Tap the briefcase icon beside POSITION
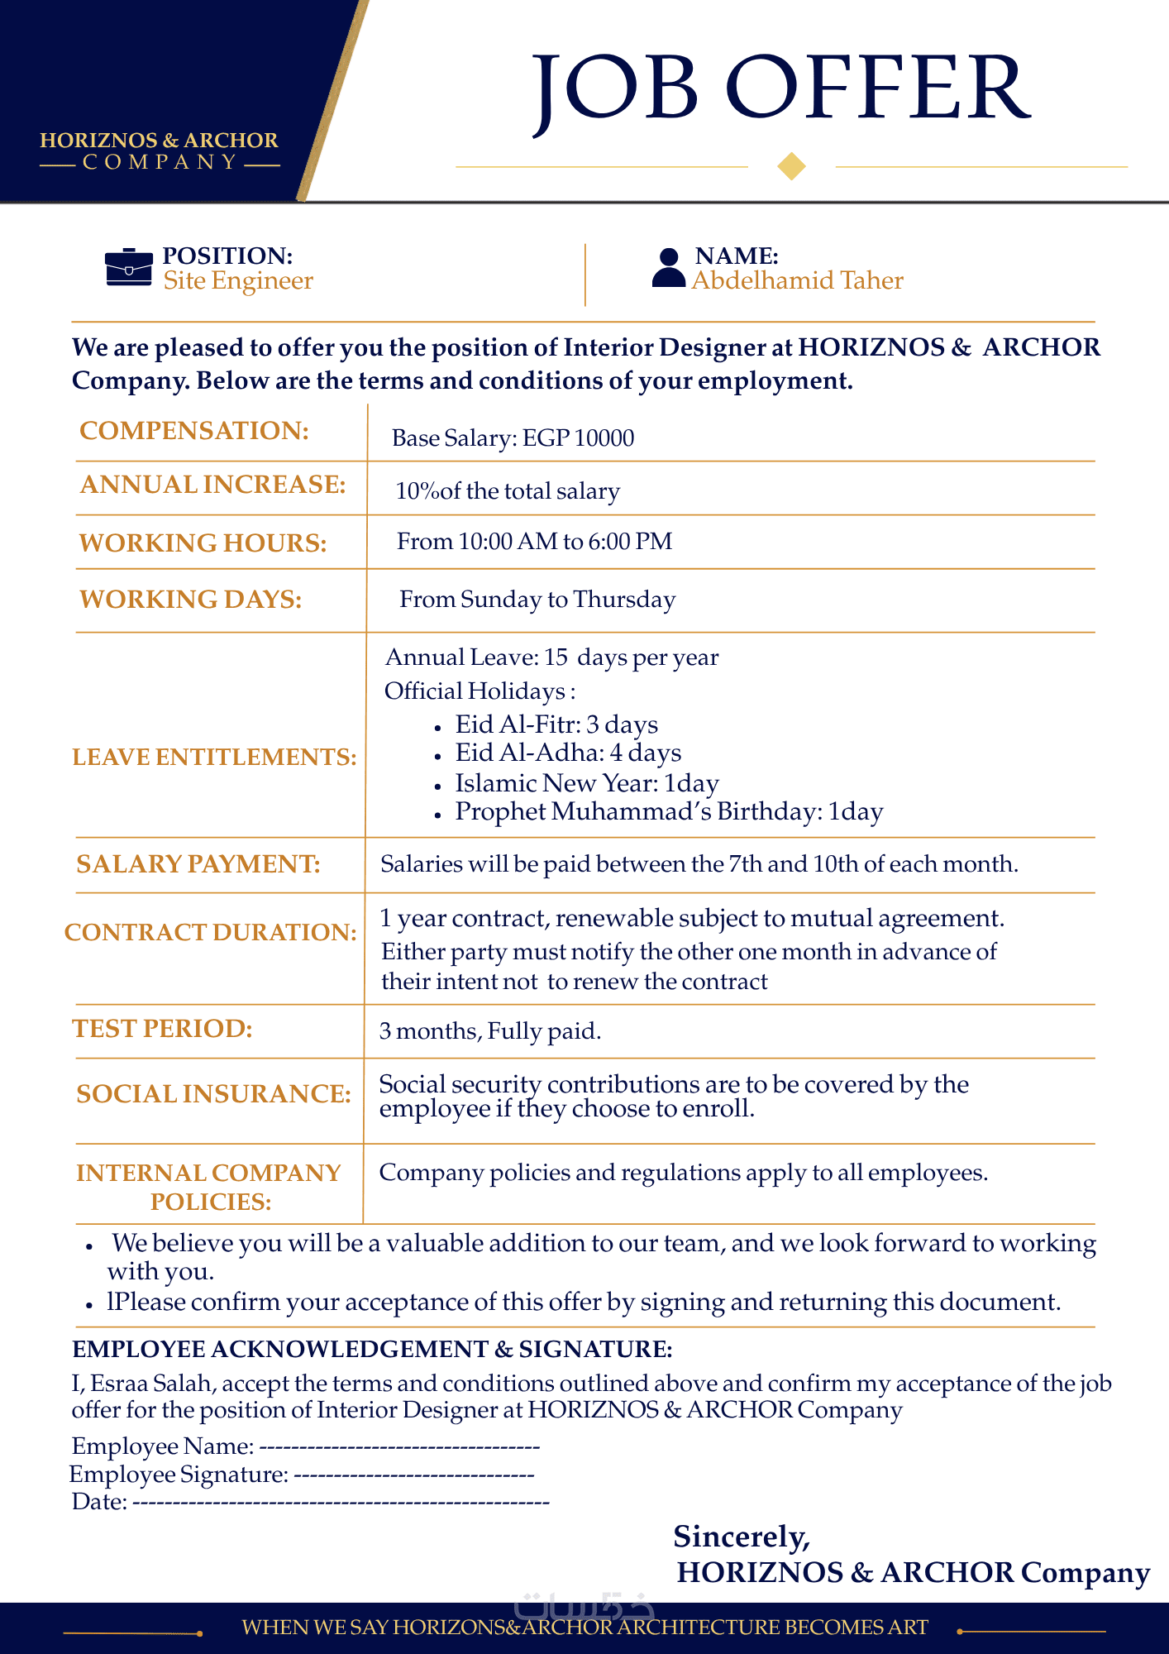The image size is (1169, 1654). pyautogui.click(x=129, y=267)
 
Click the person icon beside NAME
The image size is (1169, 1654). pyautogui.click(x=668, y=268)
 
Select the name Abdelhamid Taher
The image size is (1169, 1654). pyautogui.click(x=797, y=281)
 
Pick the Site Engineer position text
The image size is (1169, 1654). pyautogui.click(x=238, y=281)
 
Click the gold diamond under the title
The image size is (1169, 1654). pyautogui.click(x=791, y=166)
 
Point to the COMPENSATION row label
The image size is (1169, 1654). pyautogui.click(x=194, y=431)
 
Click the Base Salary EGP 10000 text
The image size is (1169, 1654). pyautogui.click(x=513, y=437)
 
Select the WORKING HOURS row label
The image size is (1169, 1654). pyautogui.click(x=203, y=543)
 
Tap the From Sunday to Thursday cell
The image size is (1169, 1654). pyautogui.click(x=537, y=600)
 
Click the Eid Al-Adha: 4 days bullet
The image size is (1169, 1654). pyautogui.click(x=568, y=753)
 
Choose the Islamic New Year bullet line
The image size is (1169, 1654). pyautogui.click(x=586, y=783)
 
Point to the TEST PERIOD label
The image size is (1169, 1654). pyautogui.click(x=162, y=1029)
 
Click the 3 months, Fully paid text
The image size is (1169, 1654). pyautogui.click(x=489, y=1031)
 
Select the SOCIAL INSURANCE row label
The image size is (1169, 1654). pyautogui.click(x=213, y=1094)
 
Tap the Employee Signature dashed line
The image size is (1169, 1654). pyautogui.click(x=413, y=1475)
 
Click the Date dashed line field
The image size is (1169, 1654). pyautogui.click(x=341, y=1502)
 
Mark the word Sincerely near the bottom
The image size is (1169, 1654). pyautogui.click(x=742, y=1537)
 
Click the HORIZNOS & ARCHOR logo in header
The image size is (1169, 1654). pyautogui.click(x=160, y=151)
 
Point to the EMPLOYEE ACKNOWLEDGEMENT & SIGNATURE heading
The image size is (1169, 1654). pyautogui.click(x=372, y=1350)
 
